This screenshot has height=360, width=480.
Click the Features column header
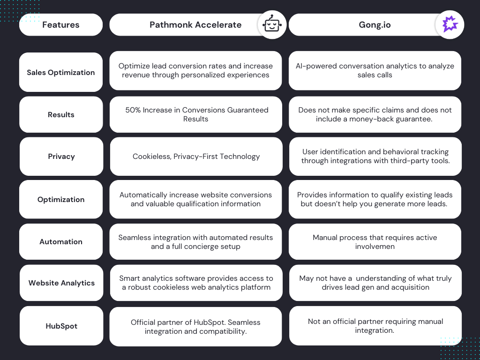[x=60, y=25]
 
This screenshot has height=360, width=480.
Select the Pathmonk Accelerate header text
[x=195, y=25]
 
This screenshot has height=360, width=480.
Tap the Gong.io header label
[x=375, y=25]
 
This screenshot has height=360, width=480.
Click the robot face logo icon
[x=272, y=24]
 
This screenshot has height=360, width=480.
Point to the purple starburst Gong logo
[x=450, y=24]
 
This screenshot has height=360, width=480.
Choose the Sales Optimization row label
[x=60, y=73]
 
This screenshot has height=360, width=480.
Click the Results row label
[x=61, y=115]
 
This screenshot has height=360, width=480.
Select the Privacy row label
[x=61, y=157]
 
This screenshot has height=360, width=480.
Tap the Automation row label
[x=61, y=242]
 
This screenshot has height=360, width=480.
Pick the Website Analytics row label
[x=61, y=283]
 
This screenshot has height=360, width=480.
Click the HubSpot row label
[x=61, y=326]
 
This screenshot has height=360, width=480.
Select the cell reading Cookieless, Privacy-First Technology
[x=196, y=157]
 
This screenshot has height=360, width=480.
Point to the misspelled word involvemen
[x=375, y=247]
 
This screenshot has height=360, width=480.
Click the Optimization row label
[x=61, y=200]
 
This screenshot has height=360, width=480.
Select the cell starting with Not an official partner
[x=375, y=326]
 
